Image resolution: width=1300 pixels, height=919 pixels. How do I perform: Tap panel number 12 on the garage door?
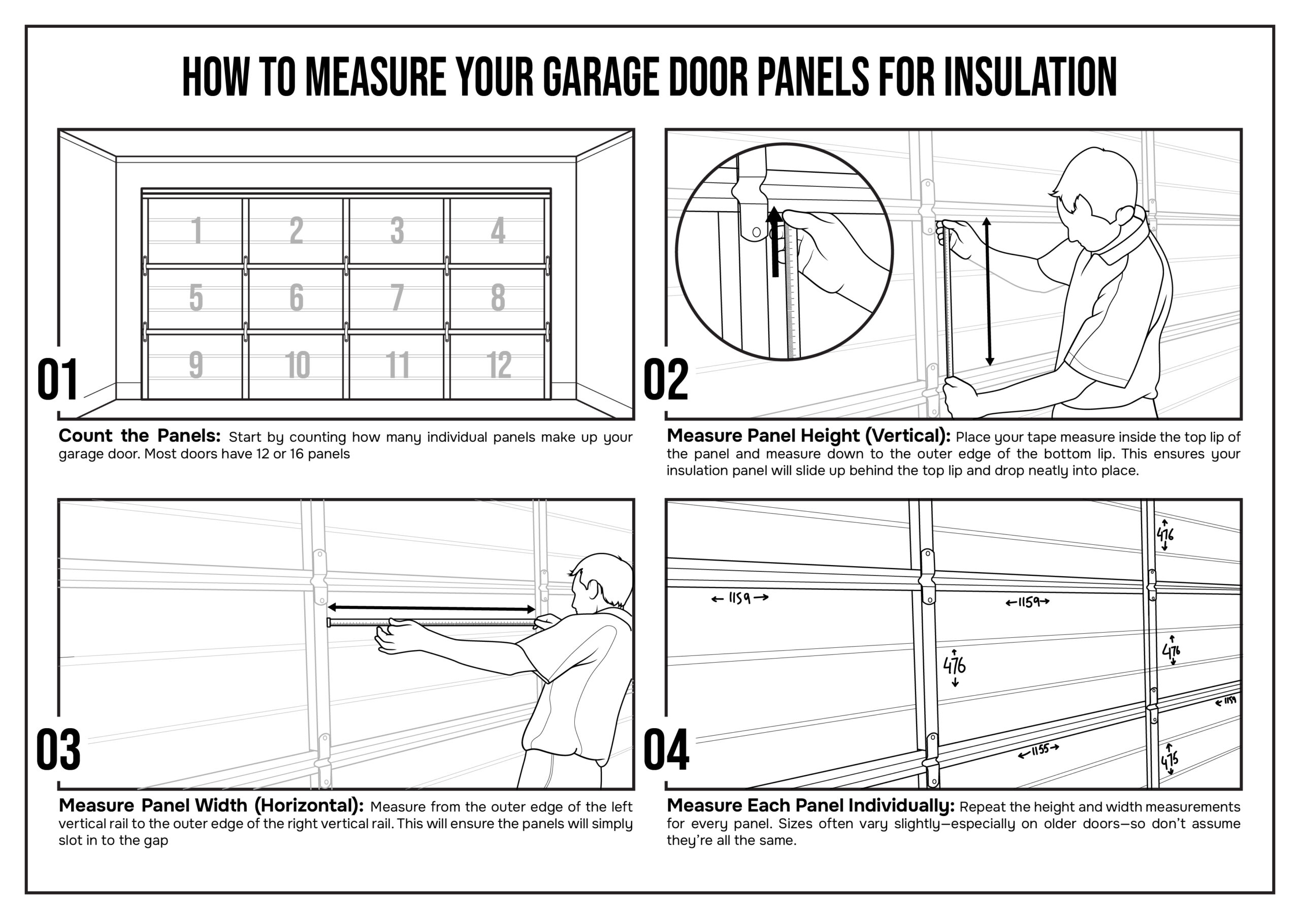(x=499, y=365)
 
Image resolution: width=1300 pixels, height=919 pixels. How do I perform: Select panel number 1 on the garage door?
(x=197, y=231)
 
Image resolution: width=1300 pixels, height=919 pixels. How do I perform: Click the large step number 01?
(x=57, y=380)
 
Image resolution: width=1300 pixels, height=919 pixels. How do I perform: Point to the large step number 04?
(x=666, y=750)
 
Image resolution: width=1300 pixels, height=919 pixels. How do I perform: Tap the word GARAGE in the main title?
(x=601, y=77)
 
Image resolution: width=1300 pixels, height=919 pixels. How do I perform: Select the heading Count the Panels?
(x=139, y=436)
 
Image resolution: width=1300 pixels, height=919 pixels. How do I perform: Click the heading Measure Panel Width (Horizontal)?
(x=211, y=805)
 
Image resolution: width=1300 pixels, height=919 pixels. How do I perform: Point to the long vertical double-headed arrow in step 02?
(x=989, y=291)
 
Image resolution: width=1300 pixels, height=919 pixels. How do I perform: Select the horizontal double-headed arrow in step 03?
(x=432, y=609)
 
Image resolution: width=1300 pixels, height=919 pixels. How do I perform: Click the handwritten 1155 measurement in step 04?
(x=1039, y=750)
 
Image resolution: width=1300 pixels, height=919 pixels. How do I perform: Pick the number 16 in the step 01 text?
(x=297, y=454)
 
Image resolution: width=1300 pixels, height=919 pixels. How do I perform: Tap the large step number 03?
(x=58, y=750)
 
